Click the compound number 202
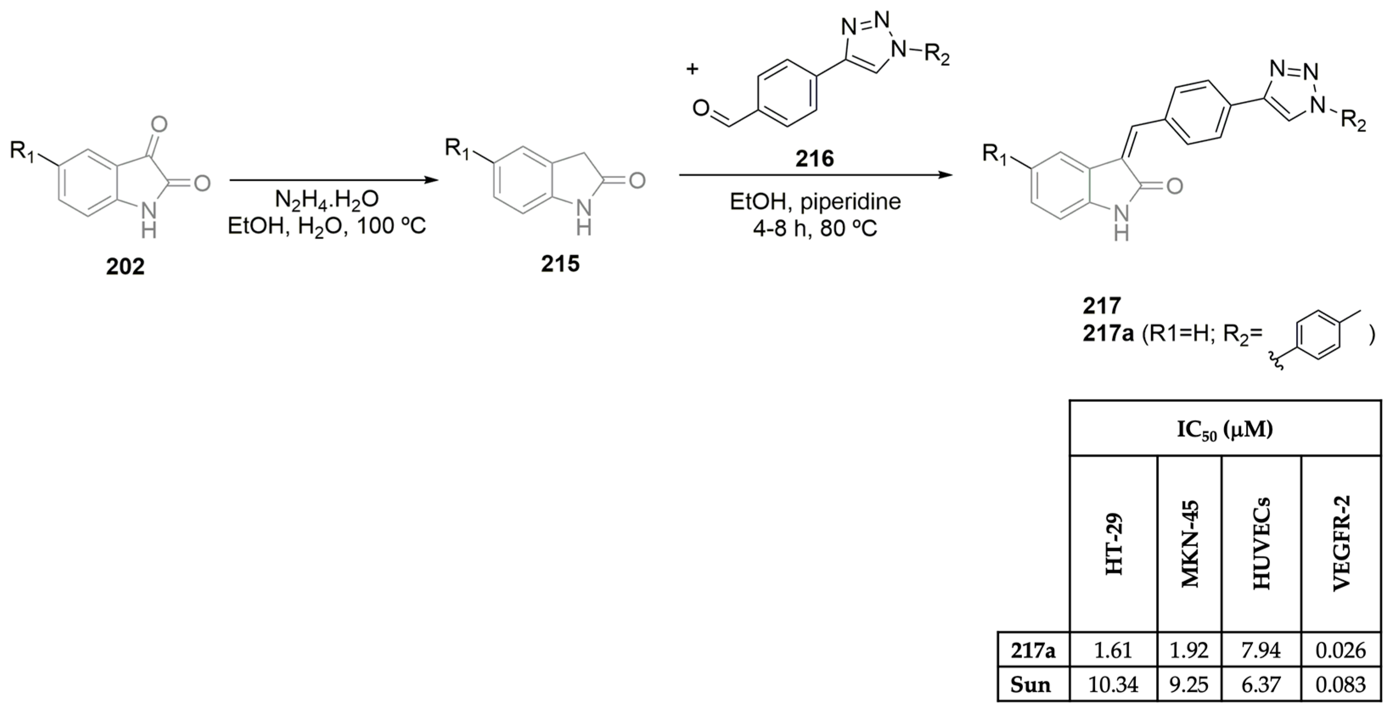(x=126, y=267)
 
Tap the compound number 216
(x=814, y=158)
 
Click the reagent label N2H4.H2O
(x=327, y=199)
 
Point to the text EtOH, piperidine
(x=815, y=202)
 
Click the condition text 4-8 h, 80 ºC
(x=815, y=229)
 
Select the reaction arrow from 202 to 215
(x=334, y=180)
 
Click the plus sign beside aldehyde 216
(x=692, y=69)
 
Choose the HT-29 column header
(x=1114, y=544)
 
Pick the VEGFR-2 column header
(x=1341, y=544)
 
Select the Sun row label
(x=1031, y=685)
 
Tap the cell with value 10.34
(x=1113, y=685)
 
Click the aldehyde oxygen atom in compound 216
(x=701, y=109)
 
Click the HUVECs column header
(x=1261, y=544)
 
